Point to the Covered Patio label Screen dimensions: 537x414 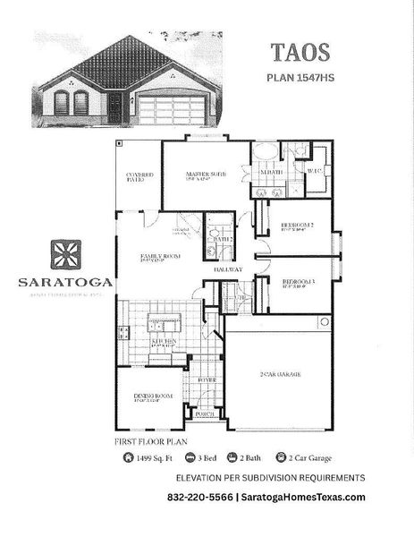(139, 176)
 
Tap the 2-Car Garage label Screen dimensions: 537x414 (278, 373)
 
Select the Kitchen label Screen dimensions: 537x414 (164, 341)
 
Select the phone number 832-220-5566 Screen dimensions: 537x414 (198, 498)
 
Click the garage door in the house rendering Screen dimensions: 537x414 (172, 110)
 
